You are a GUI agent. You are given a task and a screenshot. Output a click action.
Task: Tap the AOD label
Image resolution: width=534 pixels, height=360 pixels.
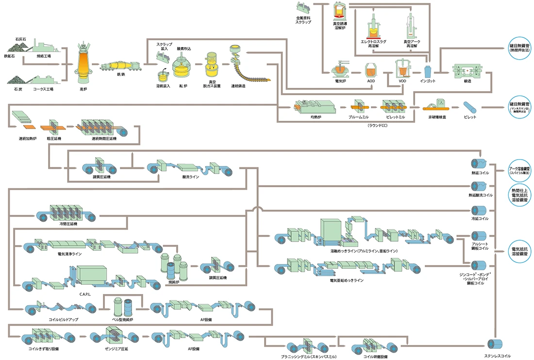point(371,81)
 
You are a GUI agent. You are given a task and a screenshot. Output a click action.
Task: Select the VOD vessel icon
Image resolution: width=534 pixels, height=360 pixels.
point(402,69)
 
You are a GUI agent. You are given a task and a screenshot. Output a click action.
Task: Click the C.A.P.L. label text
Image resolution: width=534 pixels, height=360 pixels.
point(85,294)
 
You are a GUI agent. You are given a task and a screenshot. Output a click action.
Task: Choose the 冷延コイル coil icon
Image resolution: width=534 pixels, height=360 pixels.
point(482,211)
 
